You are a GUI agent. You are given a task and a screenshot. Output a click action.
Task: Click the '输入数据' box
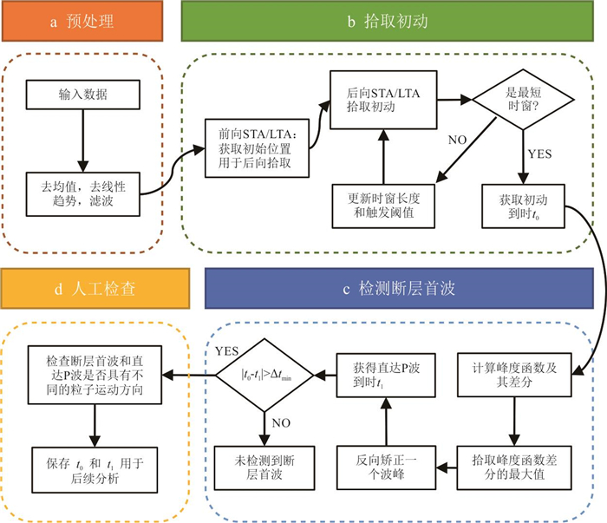81,95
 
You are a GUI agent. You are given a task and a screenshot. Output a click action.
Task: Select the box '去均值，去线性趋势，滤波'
81,191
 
